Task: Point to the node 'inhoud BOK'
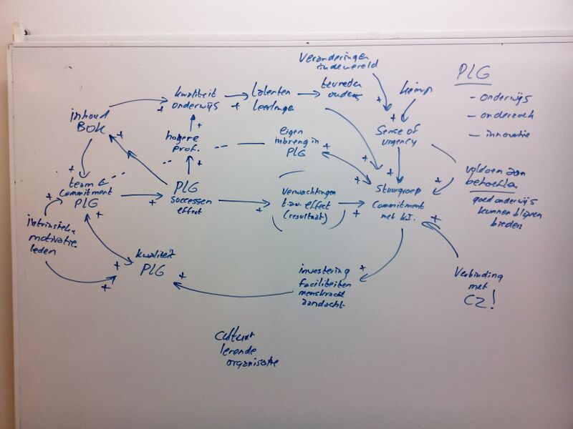(x=87, y=122)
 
